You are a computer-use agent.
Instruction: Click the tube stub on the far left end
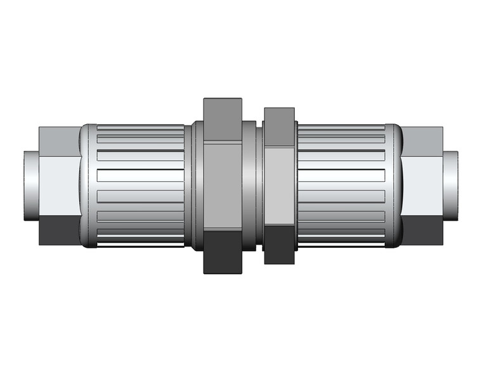coord(31,186)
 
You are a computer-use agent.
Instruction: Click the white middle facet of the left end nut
coord(58,186)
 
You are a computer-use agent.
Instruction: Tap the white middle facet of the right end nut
coord(423,186)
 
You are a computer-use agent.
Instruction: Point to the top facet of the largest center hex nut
coord(223,120)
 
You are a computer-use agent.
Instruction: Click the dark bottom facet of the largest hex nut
coord(223,252)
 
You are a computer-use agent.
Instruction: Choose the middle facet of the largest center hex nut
coord(223,186)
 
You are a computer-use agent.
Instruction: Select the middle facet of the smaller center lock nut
coord(278,186)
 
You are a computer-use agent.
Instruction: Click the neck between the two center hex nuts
coord(253,186)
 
